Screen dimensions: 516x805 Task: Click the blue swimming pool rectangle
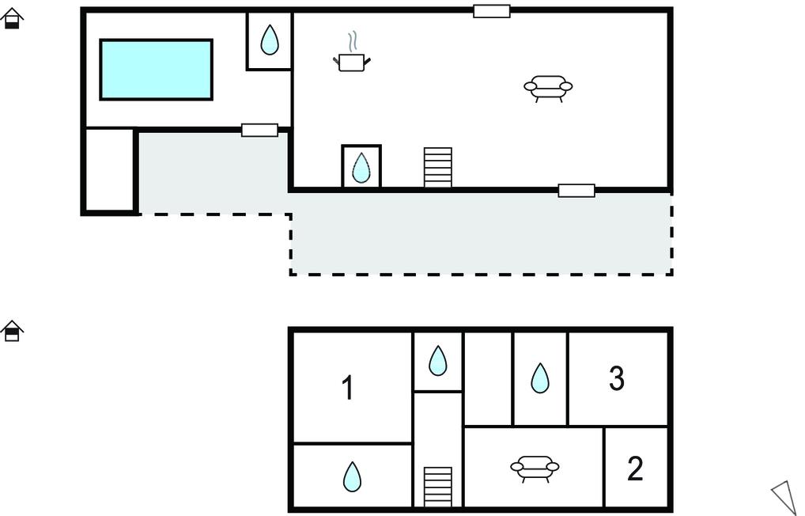(x=156, y=70)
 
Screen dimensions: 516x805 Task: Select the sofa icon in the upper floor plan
(x=548, y=87)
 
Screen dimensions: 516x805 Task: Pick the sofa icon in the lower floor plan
(x=535, y=468)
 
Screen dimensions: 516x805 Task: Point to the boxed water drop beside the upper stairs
(x=361, y=167)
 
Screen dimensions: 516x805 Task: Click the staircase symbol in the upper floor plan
(x=438, y=167)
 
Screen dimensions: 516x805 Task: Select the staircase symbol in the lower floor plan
(x=438, y=486)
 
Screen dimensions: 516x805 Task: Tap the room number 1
(x=347, y=389)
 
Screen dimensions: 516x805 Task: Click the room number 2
(x=635, y=469)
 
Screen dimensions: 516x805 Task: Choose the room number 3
(x=617, y=378)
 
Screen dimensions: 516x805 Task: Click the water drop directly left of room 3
(x=539, y=378)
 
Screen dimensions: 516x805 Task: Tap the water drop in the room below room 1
(x=352, y=476)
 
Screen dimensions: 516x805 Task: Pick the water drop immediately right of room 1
(x=437, y=361)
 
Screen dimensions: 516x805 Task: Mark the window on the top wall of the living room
(x=492, y=11)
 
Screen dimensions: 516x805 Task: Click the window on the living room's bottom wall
(x=576, y=190)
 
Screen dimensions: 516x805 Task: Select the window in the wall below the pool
(x=259, y=130)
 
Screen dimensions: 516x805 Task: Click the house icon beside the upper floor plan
(x=12, y=18)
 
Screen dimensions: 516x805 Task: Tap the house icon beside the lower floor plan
(x=12, y=330)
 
